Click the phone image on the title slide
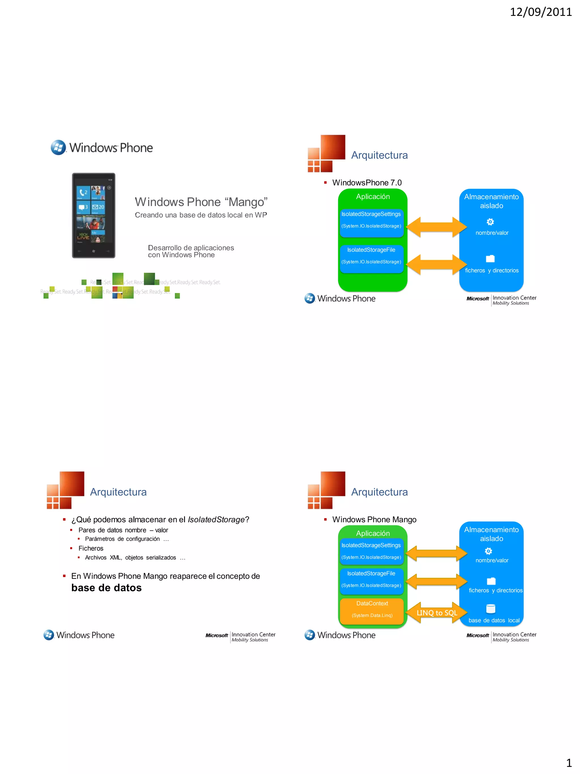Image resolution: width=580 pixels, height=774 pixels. click(93, 215)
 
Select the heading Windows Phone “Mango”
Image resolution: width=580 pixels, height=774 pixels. click(201, 202)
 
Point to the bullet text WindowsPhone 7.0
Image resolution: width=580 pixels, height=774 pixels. click(367, 183)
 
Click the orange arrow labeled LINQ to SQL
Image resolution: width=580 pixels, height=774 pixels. click(437, 613)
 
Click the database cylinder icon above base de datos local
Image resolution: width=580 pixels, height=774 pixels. click(491, 609)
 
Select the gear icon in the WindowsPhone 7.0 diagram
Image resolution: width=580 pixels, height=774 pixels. click(490, 222)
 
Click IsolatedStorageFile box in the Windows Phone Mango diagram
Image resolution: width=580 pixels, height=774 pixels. click(371, 579)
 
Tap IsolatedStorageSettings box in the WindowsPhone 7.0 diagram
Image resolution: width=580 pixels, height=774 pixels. click(371, 220)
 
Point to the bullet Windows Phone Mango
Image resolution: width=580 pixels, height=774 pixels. click(374, 519)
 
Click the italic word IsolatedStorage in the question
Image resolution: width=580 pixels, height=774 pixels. click(216, 519)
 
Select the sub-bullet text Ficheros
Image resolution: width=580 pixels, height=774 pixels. click(91, 548)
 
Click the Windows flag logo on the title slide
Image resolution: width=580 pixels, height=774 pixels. click(58, 148)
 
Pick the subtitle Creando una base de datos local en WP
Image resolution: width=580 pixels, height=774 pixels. click(201, 215)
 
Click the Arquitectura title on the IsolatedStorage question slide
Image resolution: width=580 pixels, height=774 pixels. click(118, 492)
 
